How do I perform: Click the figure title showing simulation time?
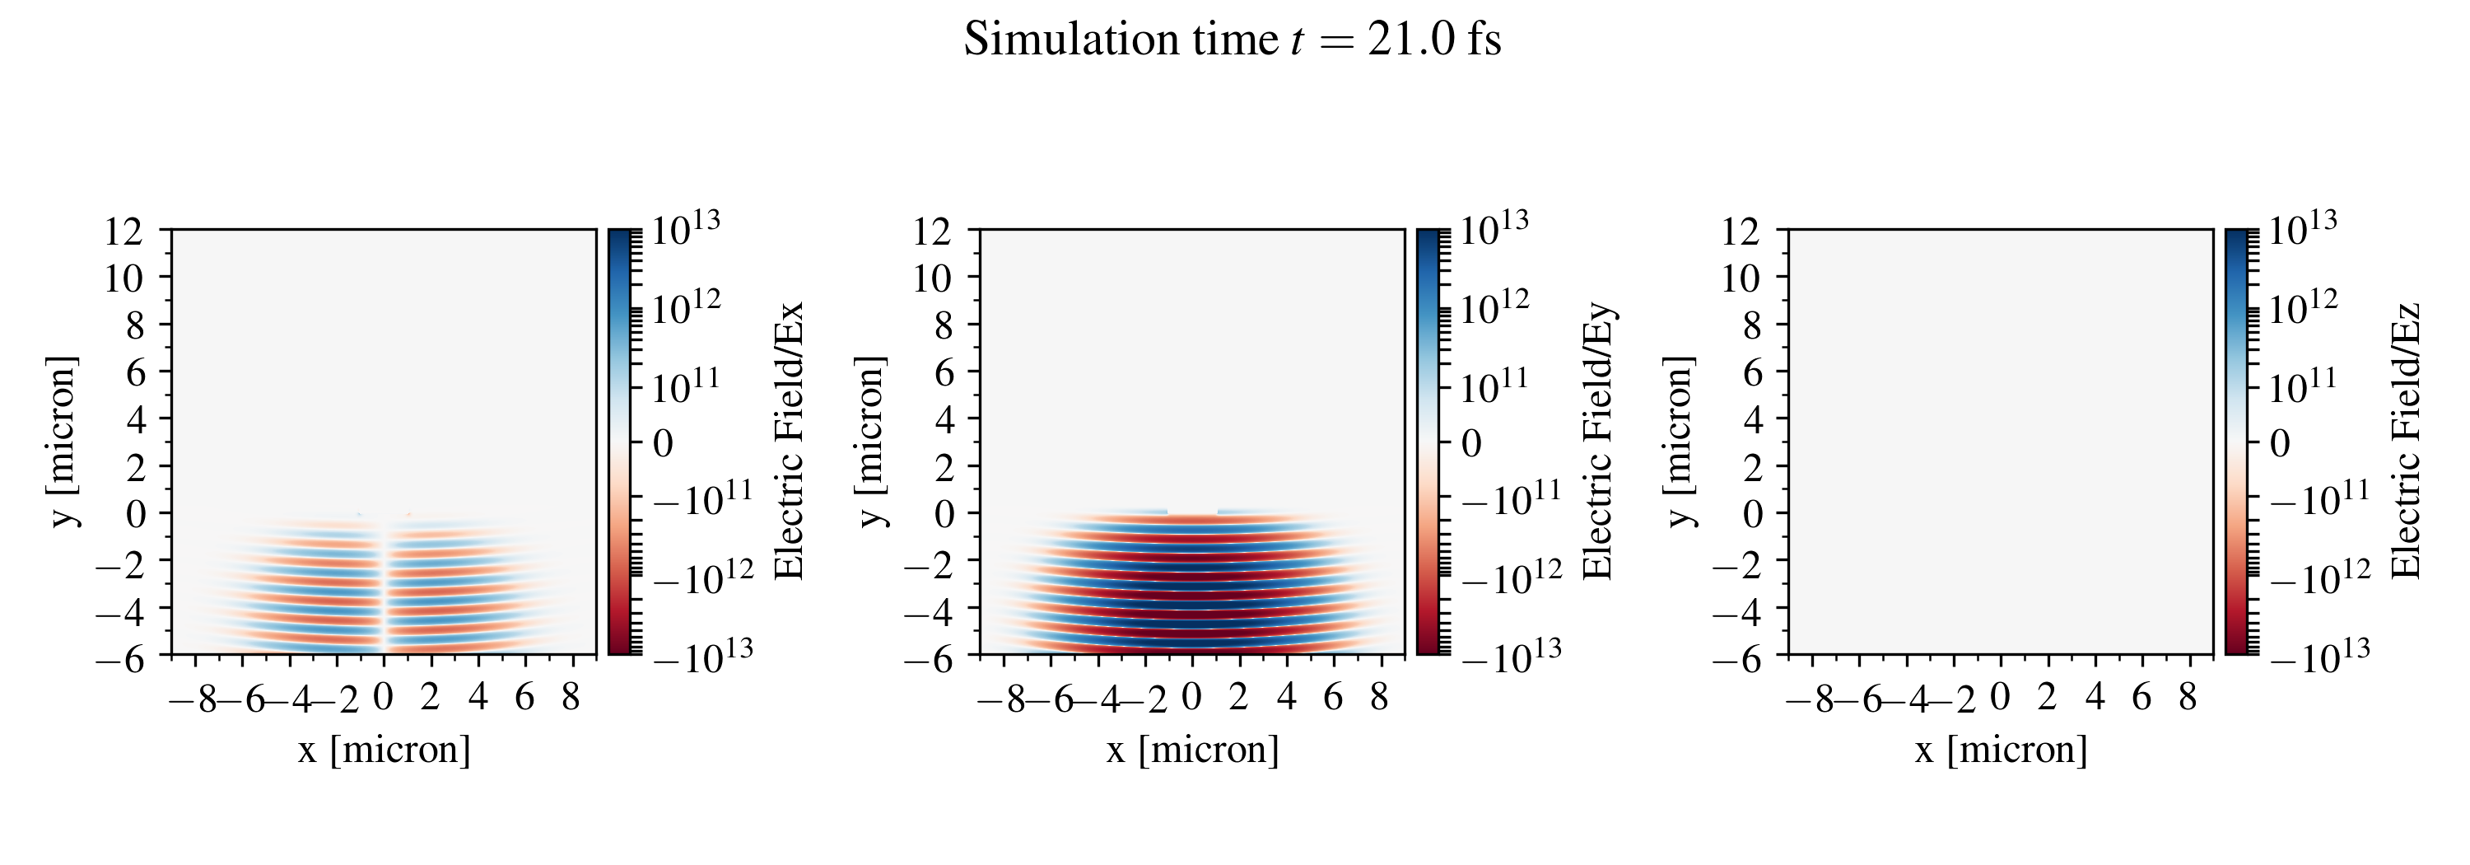point(1233,40)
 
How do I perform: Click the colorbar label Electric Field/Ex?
point(788,441)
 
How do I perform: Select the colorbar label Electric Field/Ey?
point(1597,441)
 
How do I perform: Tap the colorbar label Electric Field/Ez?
point(2407,441)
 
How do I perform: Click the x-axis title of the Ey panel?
point(1193,750)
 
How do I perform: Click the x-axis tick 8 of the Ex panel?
point(571,697)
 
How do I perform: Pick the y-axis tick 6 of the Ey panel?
point(944,372)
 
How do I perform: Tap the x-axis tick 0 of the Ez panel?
point(2000,697)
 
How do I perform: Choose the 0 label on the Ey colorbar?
point(1470,444)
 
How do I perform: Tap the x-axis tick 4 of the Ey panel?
point(1286,697)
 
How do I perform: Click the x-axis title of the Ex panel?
point(384,750)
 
